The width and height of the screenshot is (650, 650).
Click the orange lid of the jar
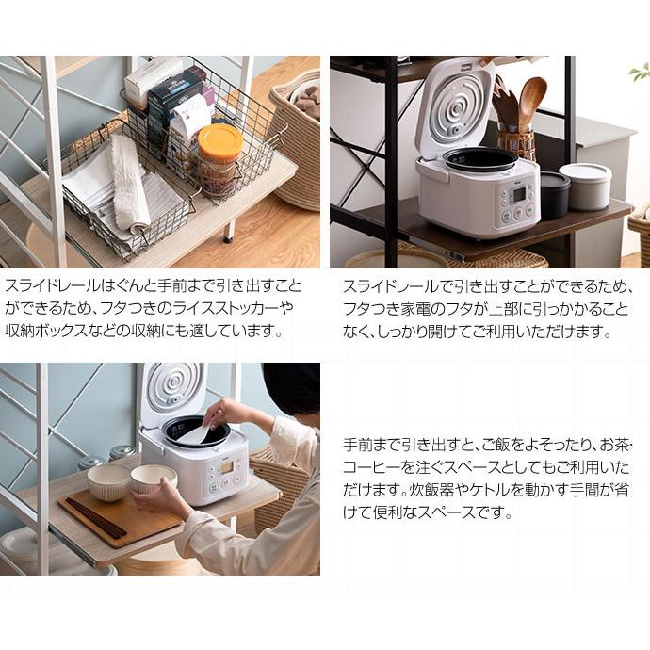click(x=219, y=140)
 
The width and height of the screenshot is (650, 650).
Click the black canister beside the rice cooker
click(x=554, y=193)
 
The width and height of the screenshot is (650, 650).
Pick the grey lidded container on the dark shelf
click(x=585, y=186)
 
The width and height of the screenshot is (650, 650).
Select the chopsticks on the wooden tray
click(x=94, y=517)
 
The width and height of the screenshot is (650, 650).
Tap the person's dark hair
click(x=291, y=387)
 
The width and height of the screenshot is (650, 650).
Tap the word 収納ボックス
click(x=52, y=332)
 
